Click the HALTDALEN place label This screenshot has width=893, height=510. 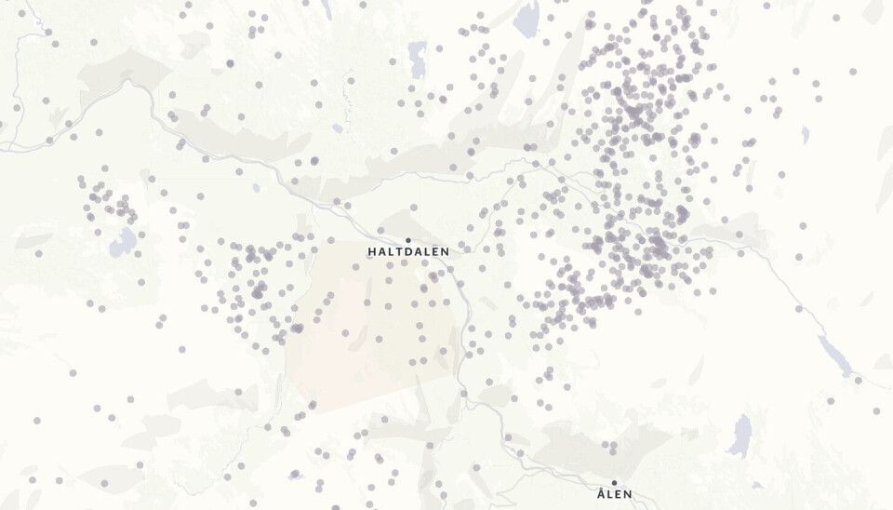(408, 252)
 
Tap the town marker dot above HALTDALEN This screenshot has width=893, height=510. (408, 240)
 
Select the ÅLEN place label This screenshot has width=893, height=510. (614, 494)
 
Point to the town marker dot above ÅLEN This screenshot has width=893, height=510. (614, 482)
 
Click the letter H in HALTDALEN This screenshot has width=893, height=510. (372, 252)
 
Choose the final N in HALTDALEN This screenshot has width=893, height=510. (445, 252)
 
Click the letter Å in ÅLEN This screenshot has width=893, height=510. (601, 493)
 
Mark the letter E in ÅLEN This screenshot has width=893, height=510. (619, 494)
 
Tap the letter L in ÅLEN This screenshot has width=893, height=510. (610, 494)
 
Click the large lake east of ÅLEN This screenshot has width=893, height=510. (741, 436)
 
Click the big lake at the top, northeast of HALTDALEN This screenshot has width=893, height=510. (527, 19)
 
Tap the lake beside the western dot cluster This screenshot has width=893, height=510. (122, 244)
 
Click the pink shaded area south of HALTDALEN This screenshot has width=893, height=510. (372, 326)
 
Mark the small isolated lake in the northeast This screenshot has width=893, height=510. (805, 135)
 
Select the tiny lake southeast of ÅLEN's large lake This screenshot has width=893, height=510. (758, 484)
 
